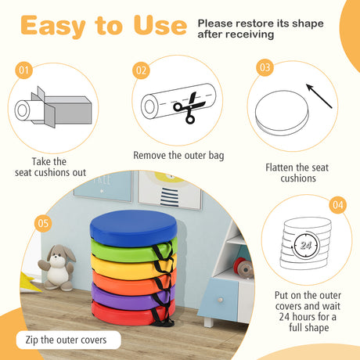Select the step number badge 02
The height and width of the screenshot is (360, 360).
point(141,71)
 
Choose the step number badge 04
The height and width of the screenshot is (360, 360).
point(337,206)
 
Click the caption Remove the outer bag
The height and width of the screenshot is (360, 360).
point(178,156)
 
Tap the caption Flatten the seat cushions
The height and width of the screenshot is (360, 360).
point(297,173)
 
